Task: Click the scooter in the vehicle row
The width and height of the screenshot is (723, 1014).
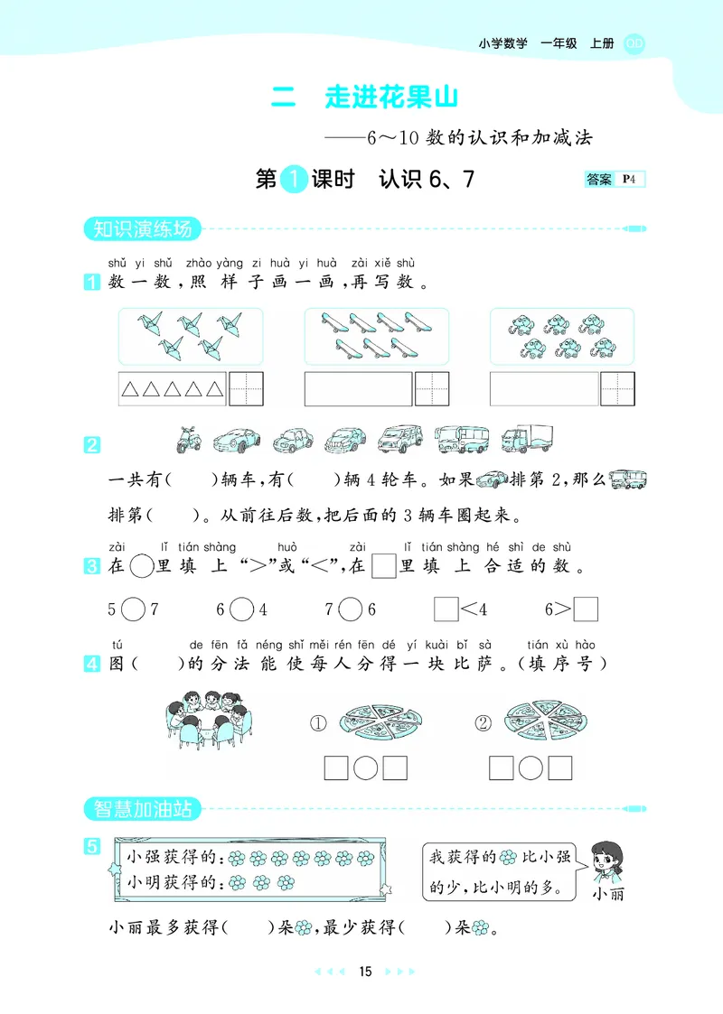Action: (187, 439)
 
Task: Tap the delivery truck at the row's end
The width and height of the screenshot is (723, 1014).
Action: (526, 438)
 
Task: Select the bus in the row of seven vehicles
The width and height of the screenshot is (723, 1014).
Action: (461, 439)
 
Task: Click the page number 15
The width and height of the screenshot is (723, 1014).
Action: (364, 972)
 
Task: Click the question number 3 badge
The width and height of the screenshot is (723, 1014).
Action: (91, 567)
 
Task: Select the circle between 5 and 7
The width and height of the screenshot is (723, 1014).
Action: (133, 609)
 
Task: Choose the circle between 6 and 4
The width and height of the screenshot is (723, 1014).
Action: (241, 609)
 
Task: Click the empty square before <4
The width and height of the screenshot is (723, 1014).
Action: (446, 609)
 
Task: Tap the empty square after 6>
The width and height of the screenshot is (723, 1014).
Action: (586, 609)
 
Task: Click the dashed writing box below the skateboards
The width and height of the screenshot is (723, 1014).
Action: (432, 388)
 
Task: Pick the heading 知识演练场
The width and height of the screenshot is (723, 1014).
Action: (139, 229)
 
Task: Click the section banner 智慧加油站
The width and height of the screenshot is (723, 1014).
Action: (139, 808)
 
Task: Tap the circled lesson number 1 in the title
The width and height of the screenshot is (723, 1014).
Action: (293, 180)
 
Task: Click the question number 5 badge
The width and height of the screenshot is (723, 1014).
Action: (91, 846)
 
